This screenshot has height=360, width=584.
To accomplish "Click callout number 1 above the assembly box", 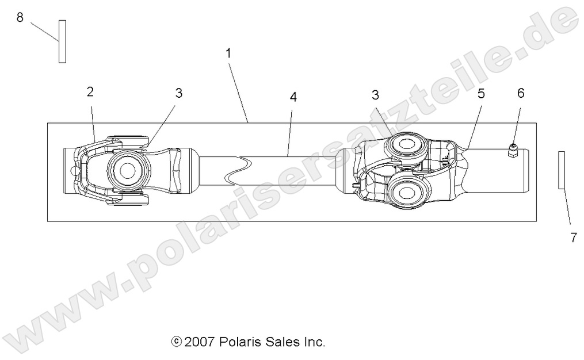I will [x=228, y=53].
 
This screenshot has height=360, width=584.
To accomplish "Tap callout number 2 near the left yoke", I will [x=90, y=91].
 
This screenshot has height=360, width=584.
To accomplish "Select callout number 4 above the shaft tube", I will [x=293, y=97].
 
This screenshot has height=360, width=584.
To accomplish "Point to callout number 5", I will [x=481, y=94].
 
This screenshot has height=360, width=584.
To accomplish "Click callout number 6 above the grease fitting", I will [x=521, y=93].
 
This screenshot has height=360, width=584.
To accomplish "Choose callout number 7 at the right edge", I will [x=573, y=238].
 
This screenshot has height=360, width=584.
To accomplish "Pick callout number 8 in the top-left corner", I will [x=20, y=17].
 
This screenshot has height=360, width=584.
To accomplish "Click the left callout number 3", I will [x=179, y=93].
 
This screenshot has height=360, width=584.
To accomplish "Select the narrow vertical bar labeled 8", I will [x=62, y=41].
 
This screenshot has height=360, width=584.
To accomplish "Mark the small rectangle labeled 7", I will [x=562, y=170].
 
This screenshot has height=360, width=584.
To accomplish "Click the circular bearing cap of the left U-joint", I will [x=126, y=171].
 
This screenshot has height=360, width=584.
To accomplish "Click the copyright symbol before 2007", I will [x=175, y=342].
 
